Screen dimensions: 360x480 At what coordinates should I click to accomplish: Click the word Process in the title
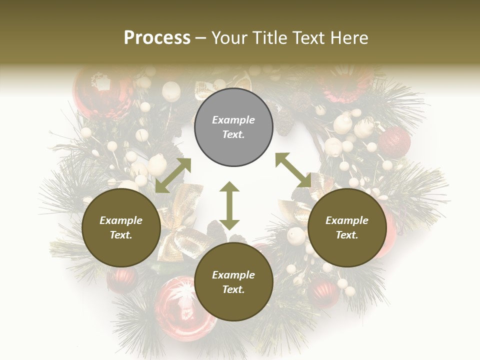(x=157, y=38)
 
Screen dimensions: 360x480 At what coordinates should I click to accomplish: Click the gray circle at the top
(x=233, y=127)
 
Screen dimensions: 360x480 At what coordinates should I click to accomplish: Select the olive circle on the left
(x=121, y=228)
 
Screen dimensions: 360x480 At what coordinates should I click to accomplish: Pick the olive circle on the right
(x=347, y=228)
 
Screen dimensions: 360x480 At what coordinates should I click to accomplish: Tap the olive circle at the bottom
(x=233, y=282)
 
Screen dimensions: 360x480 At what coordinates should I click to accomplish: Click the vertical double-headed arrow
(x=229, y=205)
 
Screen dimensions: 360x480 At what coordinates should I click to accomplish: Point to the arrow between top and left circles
(x=173, y=175)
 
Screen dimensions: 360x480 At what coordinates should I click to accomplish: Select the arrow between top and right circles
(x=293, y=170)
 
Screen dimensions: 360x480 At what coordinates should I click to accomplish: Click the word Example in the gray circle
(x=233, y=120)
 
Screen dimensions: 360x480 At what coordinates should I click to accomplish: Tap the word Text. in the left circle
(x=121, y=235)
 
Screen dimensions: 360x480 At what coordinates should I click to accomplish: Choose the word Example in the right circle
(x=347, y=220)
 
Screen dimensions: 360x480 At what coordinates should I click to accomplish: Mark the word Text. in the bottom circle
(x=233, y=289)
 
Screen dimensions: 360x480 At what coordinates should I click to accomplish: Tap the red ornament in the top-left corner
(x=100, y=92)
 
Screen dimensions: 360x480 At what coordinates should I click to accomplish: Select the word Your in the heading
(x=227, y=38)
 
